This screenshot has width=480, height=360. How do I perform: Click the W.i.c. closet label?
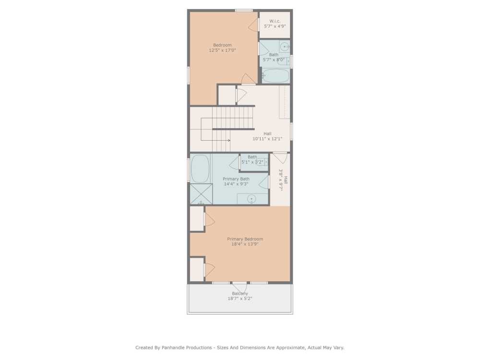(x=275, y=21)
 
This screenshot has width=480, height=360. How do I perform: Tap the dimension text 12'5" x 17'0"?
(x=222, y=50)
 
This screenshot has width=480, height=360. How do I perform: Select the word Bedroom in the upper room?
(x=222, y=45)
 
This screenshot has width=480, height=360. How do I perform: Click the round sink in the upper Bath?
(x=284, y=47)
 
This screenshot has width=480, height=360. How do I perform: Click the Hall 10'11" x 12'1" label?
(x=267, y=136)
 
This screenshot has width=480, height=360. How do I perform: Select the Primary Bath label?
(x=236, y=179)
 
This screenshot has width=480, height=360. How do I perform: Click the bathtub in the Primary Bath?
(x=200, y=168)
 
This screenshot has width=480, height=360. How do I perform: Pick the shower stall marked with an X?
(x=201, y=194)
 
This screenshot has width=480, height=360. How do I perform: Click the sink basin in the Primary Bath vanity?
(x=251, y=198)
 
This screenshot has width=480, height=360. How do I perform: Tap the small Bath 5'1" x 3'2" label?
(x=252, y=159)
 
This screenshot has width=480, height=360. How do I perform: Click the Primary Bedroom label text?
(x=245, y=239)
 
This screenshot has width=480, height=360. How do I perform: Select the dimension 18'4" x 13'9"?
(x=245, y=244)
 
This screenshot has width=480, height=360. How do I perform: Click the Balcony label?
(x=240, y=293)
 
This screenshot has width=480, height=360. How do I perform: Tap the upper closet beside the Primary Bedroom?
(x=196, y=219)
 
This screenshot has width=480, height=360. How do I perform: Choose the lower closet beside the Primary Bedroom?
(x=196, y=269)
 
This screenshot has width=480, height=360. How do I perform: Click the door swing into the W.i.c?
(x=254, y=25)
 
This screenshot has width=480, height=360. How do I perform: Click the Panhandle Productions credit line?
(x=240, y=348)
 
